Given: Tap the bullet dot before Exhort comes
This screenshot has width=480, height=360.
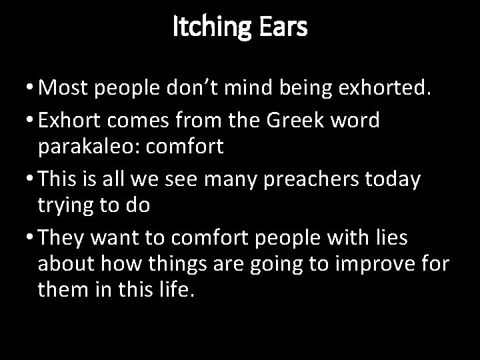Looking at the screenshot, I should point(25,121).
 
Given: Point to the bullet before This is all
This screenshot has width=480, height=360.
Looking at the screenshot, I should point(25,179).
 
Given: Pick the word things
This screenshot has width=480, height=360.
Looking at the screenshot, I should point(179,264).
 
